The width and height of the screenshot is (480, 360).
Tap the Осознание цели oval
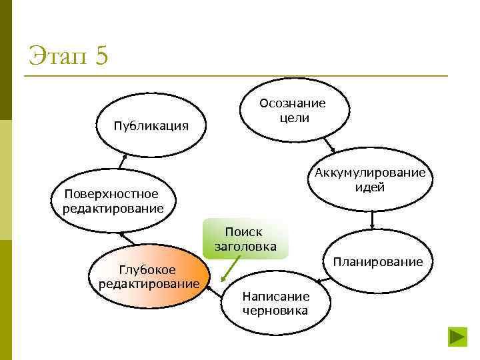(293, 110)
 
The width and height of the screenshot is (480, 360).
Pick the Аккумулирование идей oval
(370, 181)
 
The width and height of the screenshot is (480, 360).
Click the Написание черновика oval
(275, 303)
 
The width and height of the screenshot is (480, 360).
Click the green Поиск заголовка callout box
(245, 239)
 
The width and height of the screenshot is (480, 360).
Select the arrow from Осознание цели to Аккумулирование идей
(329, 145)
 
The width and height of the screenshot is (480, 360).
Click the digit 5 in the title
(101, 55)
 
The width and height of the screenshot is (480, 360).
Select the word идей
(370, 187)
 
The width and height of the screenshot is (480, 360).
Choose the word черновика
(275, 310)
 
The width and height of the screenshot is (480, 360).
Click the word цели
(293, 117)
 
